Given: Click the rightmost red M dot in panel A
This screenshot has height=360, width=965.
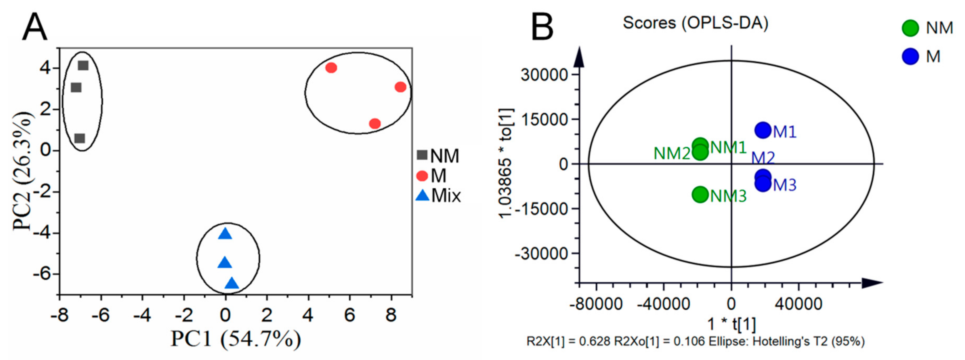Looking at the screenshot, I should point(400,87).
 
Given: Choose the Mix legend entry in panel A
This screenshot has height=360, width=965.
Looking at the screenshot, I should point(438,195).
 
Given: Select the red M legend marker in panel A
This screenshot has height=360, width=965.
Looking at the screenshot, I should point(422,176).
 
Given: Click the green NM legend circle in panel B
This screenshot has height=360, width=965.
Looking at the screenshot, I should point(910,28).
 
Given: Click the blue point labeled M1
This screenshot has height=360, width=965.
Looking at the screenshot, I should point(763,130).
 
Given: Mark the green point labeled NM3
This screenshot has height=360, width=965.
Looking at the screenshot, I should point(700,194).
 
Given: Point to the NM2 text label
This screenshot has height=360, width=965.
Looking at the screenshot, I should point(672,153).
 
